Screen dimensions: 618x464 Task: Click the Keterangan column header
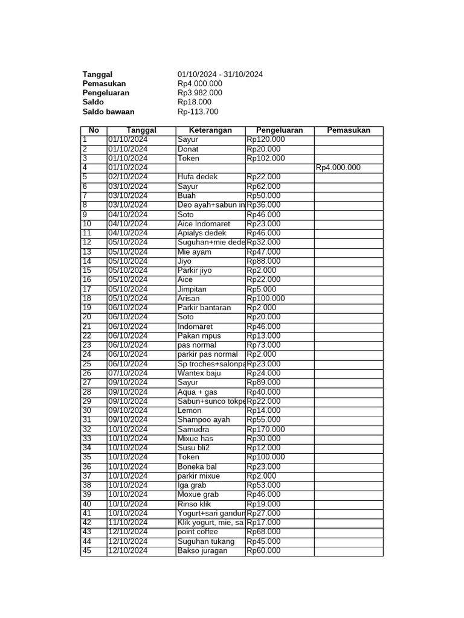[x=210, y=130]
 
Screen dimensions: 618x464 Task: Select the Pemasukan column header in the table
[x=348, y=130]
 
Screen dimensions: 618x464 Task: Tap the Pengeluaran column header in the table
[x=279, y=130]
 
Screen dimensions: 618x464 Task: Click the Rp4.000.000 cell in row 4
[x=338, y=168]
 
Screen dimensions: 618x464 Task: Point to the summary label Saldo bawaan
[x=108, y=112]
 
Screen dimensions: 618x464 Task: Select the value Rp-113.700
[x=198, y=112]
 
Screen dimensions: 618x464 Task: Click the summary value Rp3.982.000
[x=199, y=93]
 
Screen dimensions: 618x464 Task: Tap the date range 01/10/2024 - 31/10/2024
[x=220, y=74]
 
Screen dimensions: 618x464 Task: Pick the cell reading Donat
[x=188, y=149]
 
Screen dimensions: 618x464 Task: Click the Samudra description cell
[x=193, y=429]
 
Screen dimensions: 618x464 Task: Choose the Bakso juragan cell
[x=202, y=550]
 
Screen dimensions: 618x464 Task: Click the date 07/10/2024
[x=127, y=373]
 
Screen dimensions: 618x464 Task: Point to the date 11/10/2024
[x=127, y=522]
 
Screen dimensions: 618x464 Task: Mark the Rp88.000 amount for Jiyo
[x=263, y=261]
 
